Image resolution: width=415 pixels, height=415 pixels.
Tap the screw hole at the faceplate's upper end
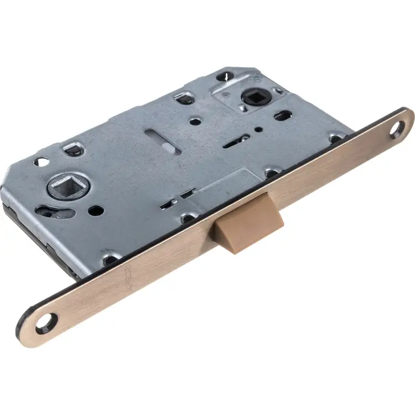pos(397,131)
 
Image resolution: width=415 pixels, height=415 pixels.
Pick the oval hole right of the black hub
pos(283,116)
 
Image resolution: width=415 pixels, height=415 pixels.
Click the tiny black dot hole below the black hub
pos(258,131)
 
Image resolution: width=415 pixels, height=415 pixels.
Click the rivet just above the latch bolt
pos(271,174)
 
